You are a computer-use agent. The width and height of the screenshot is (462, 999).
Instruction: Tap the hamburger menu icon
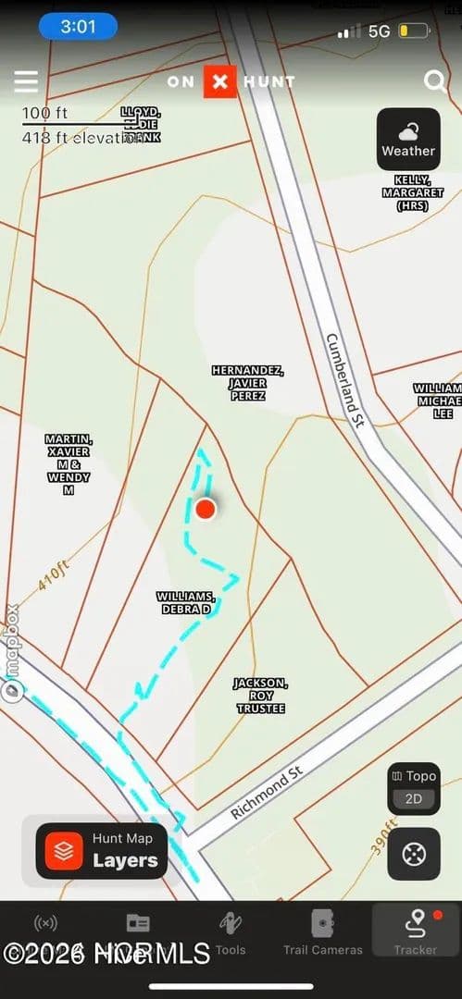(26, 81)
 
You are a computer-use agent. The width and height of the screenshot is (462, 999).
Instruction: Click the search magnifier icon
(434, 81)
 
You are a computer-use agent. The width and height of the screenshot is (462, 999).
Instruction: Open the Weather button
(408, 140)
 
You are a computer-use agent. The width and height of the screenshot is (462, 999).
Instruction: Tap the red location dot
(206, 509)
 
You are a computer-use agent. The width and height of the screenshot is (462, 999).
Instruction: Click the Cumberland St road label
(347, 379)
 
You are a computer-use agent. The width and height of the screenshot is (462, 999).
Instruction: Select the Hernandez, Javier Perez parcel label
(247, 383)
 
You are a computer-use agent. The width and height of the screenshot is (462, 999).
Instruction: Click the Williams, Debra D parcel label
(185, 603)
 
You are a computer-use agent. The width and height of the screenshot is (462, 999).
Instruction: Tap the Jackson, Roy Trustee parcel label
(259, 696)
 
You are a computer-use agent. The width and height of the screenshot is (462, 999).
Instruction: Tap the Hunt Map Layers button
(102, 851)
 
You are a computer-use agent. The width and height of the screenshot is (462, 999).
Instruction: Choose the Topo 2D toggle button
(413, 788)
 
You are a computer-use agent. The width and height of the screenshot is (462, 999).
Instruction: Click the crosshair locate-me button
(413, 853)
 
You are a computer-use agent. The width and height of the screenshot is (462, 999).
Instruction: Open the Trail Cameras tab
(322, 932)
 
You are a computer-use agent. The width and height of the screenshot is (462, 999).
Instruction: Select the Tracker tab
(416, 932)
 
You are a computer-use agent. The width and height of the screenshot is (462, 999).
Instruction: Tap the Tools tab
(231, 932)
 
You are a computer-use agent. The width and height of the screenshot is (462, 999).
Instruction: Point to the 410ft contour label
(54, 578)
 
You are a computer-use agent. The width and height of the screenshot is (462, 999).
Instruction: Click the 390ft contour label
(384, 836)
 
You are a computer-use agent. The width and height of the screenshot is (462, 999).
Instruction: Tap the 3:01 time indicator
(79, 27)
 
